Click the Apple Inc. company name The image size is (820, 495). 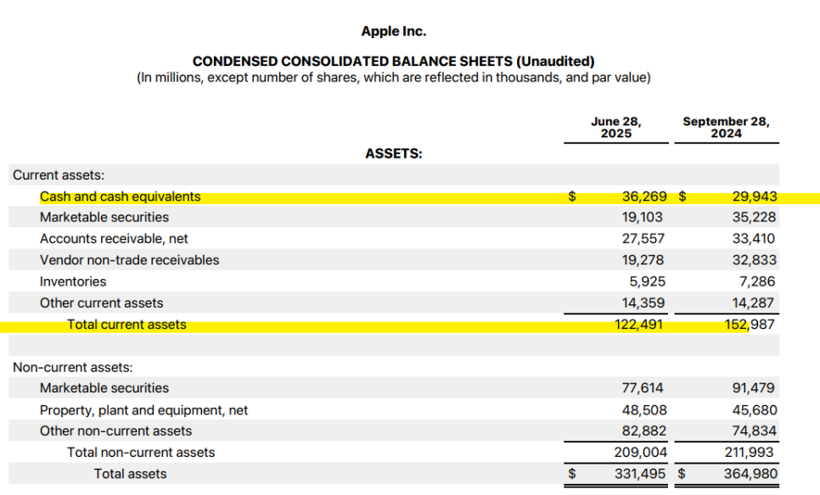pyautogui.click(x=393, y=31)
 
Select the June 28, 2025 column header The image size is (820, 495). pyautogui.click(x=616, y=127)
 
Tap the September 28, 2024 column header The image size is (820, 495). pyautogui.click(x=726, y=127)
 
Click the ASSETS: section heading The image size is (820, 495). pyautogui.click(x=393, y=153)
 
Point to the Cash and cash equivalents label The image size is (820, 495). pyautogui.click(x=121, y=197)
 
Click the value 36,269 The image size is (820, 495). pyautogui.click(x=644, y=197)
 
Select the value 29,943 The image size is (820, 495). pyautogui.click(x=755, y=197)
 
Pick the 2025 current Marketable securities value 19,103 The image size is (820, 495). pyautogui.click(x=643, y=217)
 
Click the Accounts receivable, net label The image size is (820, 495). pyautogui.click(x=114, y=239)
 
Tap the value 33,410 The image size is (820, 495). pyautogui.click(x=754, y=239)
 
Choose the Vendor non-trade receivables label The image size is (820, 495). pyautogui.click(x=129, y=260)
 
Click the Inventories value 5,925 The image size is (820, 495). pyautogui.click(x=648, y=281)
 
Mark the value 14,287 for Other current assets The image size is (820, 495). pyautogui.click(x=754, y=303)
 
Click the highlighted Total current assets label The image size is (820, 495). pyautogui.click(x=126, y=325)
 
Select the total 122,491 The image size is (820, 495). pyautogui.click(x=638, y=325)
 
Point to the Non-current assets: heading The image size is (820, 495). pyautogui.click(x=73, y=367)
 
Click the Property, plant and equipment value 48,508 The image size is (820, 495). pyautogui.click(x=644, y=410)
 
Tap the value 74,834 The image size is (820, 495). pyautogui.click(x=755, y=431)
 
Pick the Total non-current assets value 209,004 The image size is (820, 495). pyautogui.click(x=641, y=452)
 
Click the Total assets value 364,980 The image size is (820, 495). pyautogui.click(x=750, y=474)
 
